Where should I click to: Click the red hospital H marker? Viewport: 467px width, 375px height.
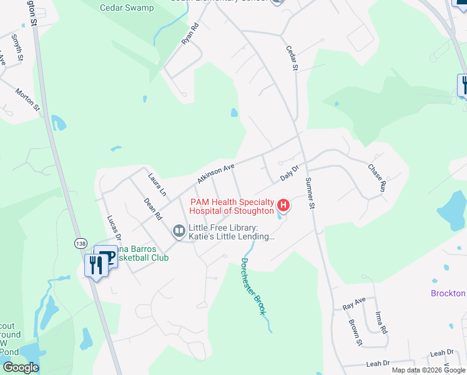coord(283,205)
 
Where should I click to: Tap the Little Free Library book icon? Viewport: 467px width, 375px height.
coord(179,232)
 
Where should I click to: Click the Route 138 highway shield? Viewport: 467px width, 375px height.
coord(80,242)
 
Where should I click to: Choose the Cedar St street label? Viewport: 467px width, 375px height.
coord(292,57)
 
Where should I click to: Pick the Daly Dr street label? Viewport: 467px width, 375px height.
coord(290,173)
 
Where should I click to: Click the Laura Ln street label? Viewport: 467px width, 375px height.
coord(157,186)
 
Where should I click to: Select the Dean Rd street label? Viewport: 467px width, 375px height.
coord(153,209)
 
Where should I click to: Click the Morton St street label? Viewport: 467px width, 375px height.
coord(28,99)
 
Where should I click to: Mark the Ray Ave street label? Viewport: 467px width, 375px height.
coord(354,303)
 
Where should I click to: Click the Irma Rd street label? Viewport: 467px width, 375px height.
coord(381,321)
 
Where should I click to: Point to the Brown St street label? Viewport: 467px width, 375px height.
coord(355,332)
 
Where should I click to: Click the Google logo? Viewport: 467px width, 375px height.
coord(21,367)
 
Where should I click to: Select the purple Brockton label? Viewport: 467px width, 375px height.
coord(448,293)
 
